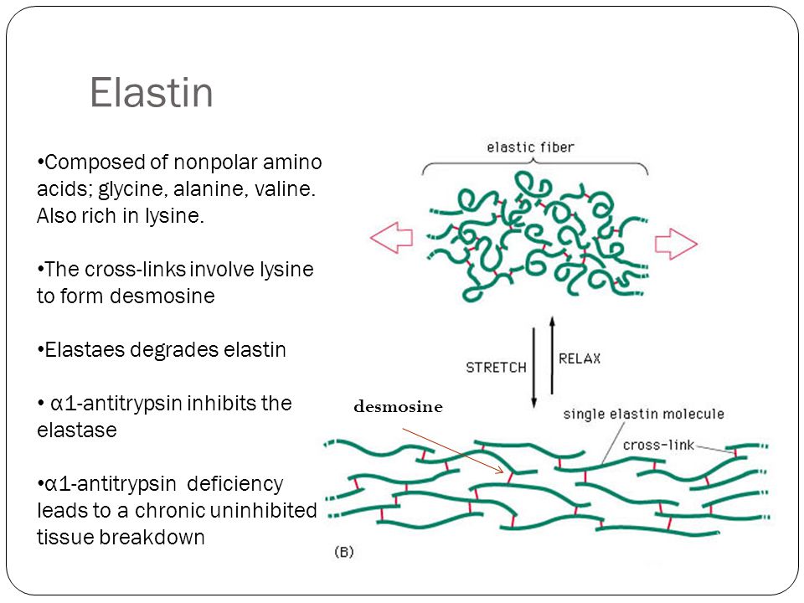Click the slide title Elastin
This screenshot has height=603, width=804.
pos(152,93)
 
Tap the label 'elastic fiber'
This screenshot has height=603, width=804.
pos(530,147)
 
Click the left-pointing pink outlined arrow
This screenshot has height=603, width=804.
pos(392,237)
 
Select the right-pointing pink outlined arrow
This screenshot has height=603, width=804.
pos(676,244)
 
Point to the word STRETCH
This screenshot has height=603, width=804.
pos(496,368)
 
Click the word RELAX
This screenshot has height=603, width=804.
pos(580,359)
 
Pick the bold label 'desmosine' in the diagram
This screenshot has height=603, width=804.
pos(398,407)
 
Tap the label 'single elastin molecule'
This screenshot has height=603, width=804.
pos(643,414)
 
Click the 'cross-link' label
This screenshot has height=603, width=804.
pos(658,445)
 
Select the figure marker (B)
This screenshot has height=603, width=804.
pos(343,552)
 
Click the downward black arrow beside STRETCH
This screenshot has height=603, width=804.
pos(533,368)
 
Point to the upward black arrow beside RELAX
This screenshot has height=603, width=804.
pos(552,355)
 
